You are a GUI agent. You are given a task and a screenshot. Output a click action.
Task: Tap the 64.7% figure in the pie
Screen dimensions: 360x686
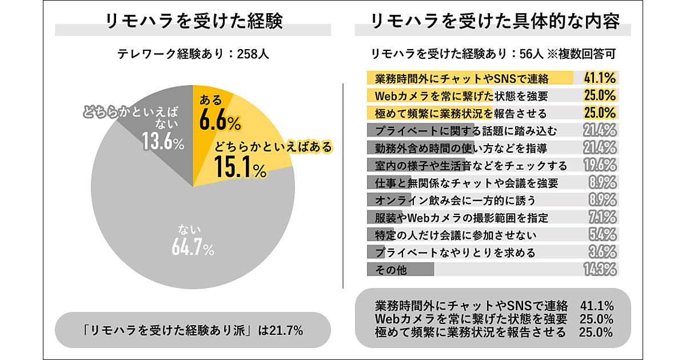tap(192, 249)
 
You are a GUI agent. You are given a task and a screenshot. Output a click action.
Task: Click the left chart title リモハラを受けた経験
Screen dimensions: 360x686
tap(194, 22)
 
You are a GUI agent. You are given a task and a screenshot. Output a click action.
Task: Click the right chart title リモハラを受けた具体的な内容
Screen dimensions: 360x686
tap(494, 22)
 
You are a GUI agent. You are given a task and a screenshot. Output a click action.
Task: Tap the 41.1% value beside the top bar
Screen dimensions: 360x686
tap(599, 78)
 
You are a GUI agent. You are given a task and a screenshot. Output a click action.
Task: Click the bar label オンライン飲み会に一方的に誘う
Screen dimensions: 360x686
tap(455, 200)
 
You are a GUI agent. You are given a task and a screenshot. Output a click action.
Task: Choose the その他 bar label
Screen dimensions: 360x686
tap(391, 270)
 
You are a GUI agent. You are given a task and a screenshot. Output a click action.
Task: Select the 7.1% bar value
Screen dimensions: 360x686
tap(601, 217)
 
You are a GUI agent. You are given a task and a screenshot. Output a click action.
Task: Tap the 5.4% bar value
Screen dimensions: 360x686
tap(601, 234)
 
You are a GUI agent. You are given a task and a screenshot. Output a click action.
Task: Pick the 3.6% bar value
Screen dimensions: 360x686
tap(601, 252)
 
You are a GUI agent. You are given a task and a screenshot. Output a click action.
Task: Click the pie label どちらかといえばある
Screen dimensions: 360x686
tap(273, 147)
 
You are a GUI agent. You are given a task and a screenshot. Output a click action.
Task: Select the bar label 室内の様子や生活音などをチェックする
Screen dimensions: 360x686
tap(471, 166)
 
